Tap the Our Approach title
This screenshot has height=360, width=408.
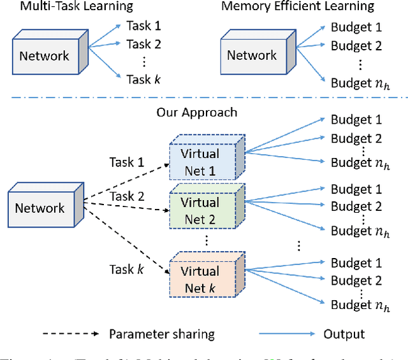coord(196,112)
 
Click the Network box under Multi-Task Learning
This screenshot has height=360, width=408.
coord(44,55)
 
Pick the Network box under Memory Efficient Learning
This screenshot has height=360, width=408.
coord(252,55)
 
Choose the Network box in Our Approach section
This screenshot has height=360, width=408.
coord(40,208)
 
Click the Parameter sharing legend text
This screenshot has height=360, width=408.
coord(161,334)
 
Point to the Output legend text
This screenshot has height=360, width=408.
coord(344,334)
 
